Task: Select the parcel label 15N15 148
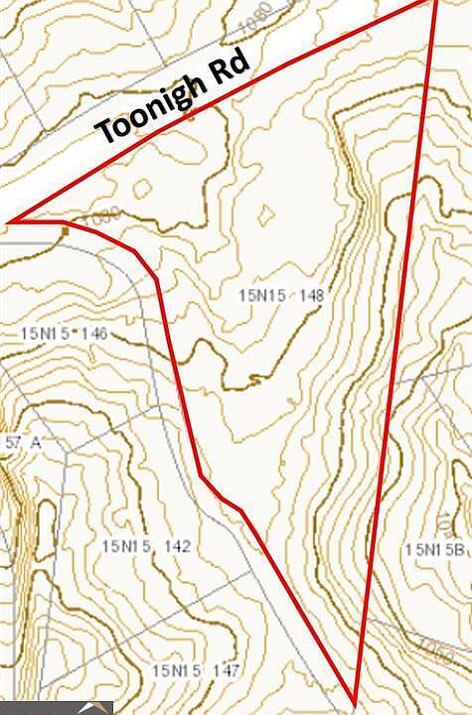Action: coord(282,295)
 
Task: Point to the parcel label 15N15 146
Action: coord(64,333)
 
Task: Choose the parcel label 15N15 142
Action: coord(146,546)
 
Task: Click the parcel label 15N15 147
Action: coord(196,671)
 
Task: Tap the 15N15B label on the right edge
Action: coord(435,549)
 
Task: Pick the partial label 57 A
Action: coord(20,442)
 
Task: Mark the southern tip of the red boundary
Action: coord(354,694)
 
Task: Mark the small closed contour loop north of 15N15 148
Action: coord(265,214)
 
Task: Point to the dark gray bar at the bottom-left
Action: coord(56,708)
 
